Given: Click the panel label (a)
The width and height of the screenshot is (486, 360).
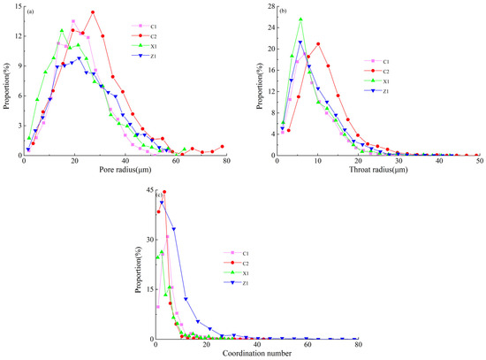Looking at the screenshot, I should coord(30,10).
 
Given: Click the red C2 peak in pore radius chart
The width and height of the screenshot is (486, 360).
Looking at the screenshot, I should coord(93,12).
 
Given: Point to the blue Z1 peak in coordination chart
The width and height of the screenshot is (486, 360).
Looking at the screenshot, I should coord(161,203).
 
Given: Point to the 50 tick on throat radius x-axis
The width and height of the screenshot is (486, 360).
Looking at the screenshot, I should coord(479,160).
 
